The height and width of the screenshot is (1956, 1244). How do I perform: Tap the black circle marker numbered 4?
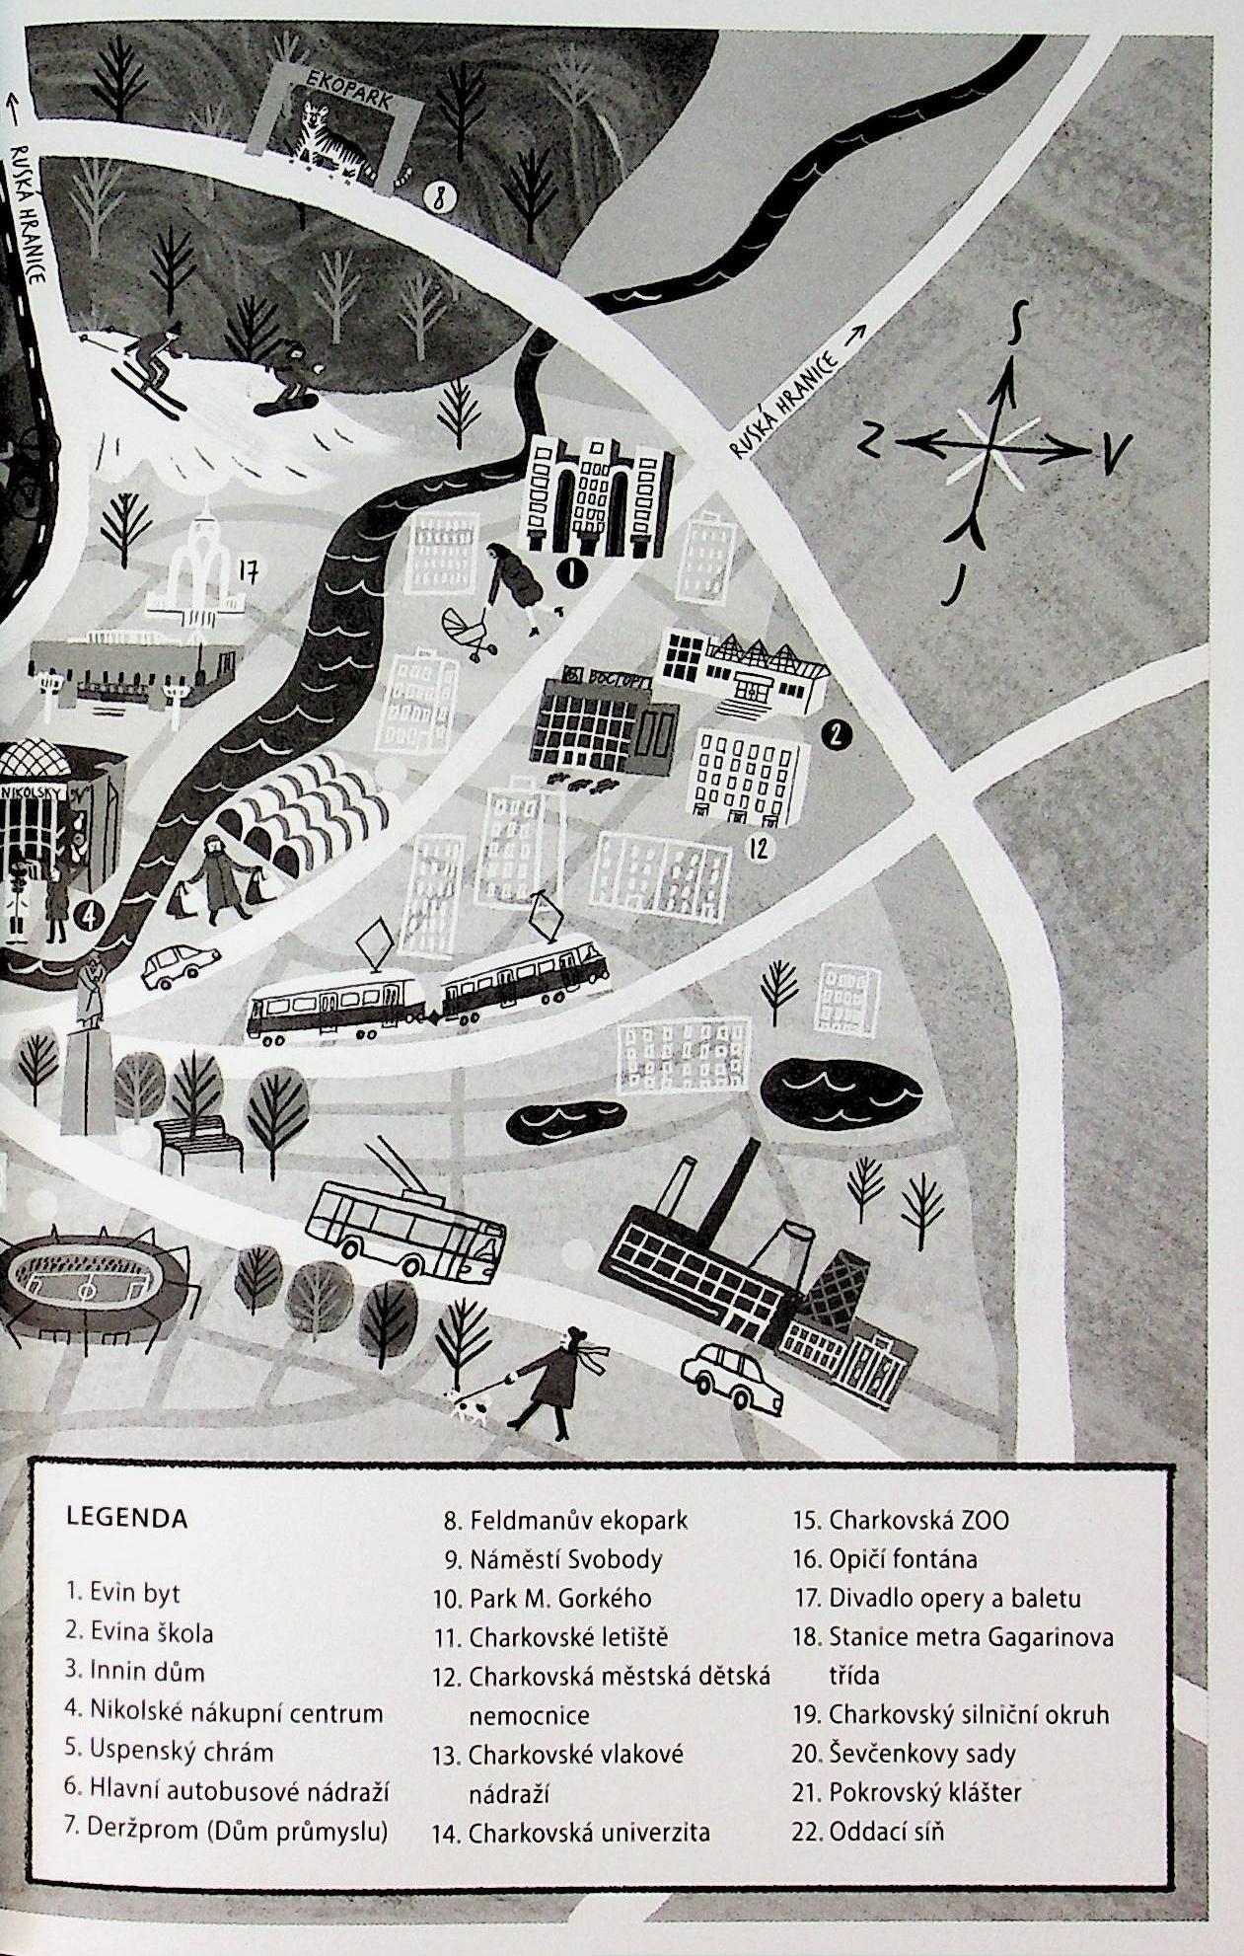89,914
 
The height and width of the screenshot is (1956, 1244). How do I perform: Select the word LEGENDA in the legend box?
126,1517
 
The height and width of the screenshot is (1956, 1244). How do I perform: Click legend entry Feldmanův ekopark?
578,1521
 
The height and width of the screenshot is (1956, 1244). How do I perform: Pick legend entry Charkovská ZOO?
917,1520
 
